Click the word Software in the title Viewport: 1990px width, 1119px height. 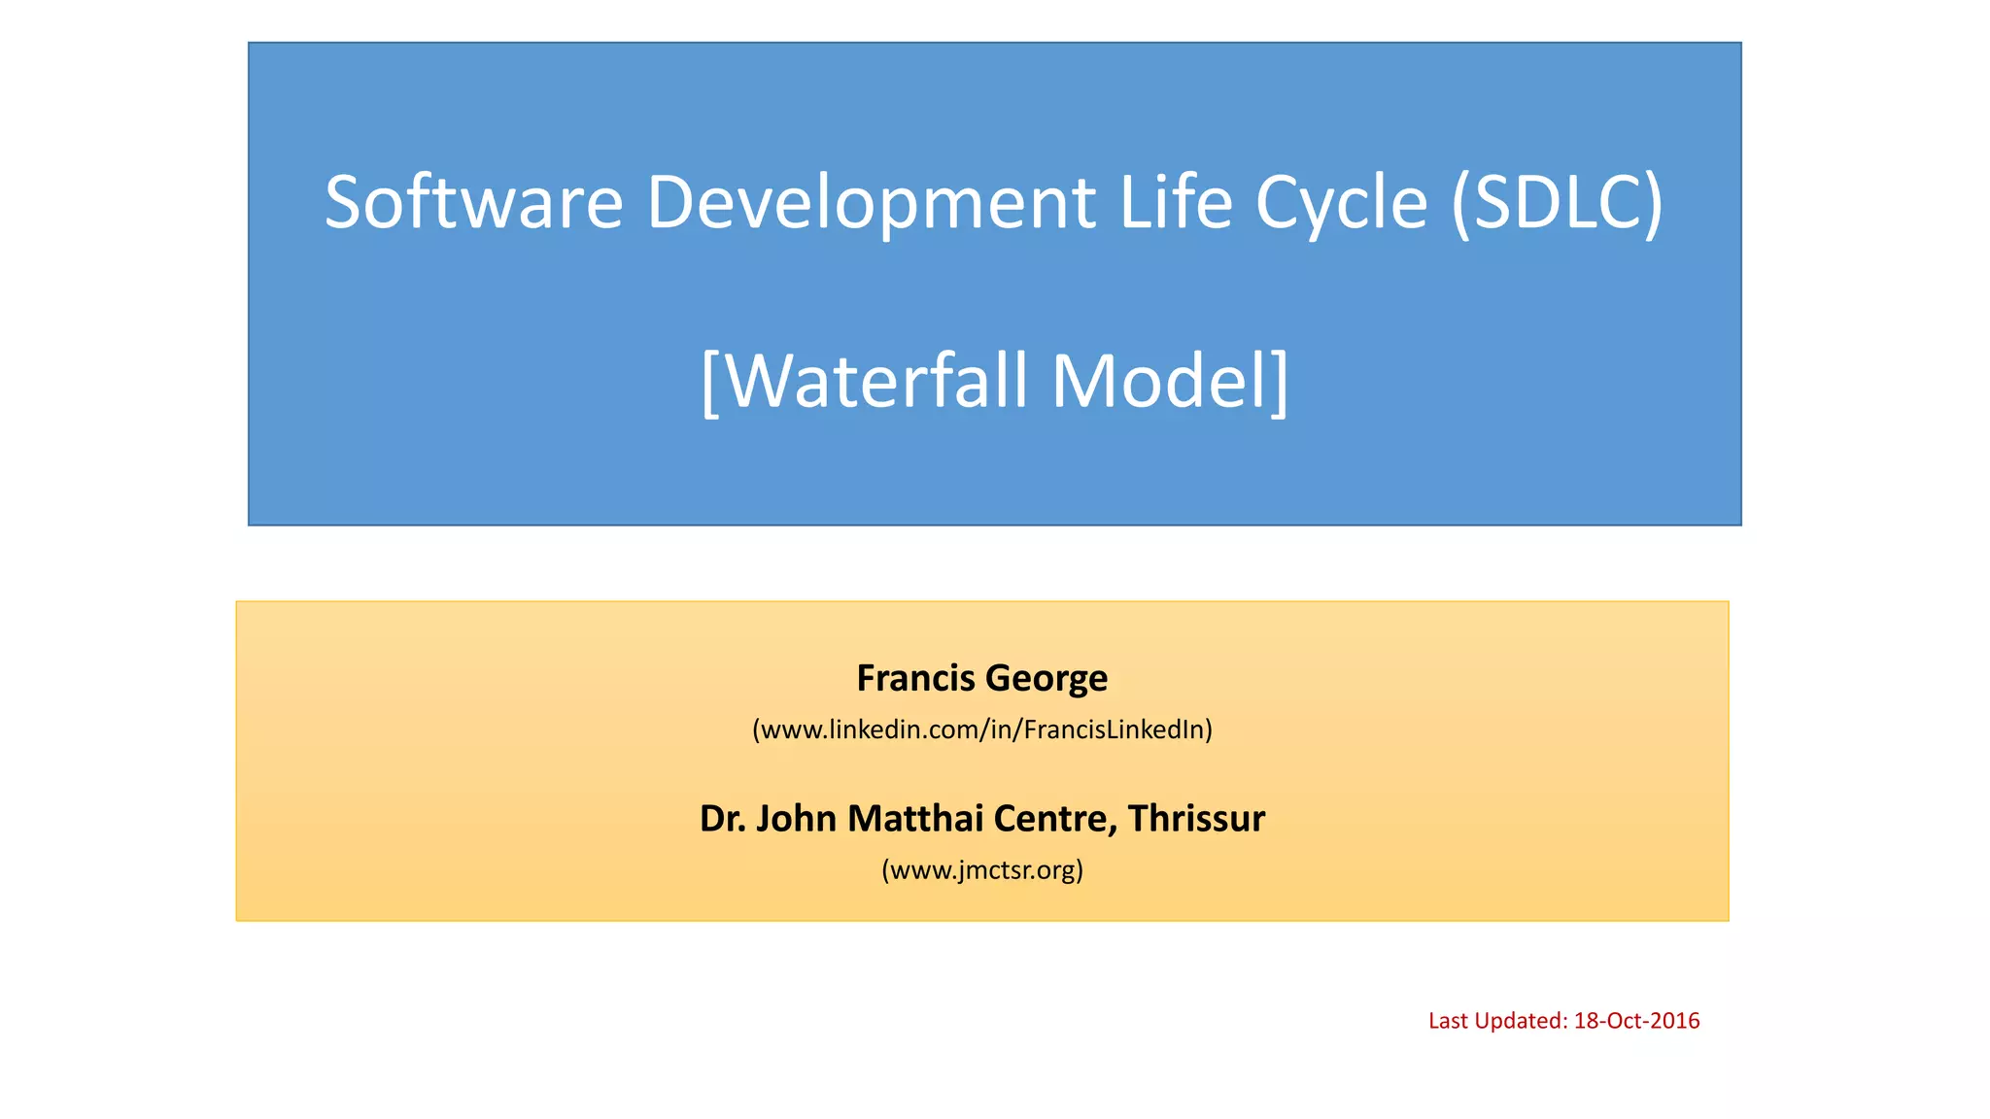[x=473, y=202]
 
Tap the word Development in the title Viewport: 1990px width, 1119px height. [x=871, y=202]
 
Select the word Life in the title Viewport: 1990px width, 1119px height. [x=1176, y=202]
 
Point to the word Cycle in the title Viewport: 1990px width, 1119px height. [x=1341, y=204]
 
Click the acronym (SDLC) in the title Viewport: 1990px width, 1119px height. [x=1557, y=202]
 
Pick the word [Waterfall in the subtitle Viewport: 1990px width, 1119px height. [x=863, y=381]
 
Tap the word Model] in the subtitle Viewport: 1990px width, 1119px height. [x=1170, y=381]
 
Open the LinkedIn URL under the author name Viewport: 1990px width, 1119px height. [x=982, y=729]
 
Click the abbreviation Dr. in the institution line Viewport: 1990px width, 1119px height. [x=722, y=819]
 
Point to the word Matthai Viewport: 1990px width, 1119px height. [x=907, y=819]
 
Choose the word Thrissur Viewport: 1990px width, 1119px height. [x=1196, y=819]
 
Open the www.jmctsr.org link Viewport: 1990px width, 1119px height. [x=982, y=869]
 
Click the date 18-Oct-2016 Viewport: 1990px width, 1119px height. [x=1636, y=1021]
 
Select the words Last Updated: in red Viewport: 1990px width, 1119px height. [x=1497, y=1021]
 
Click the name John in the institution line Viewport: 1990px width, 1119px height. [x=796, y=819]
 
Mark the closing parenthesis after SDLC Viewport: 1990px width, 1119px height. [x=1653, y=204]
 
